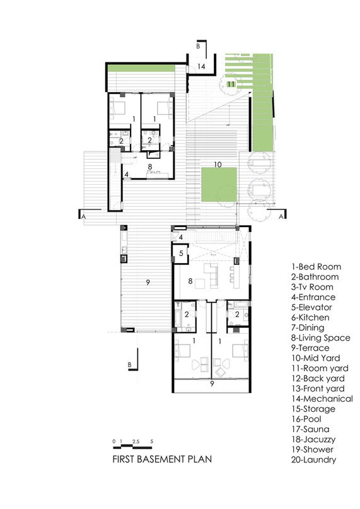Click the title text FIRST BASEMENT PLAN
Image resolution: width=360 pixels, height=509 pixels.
[162, 459]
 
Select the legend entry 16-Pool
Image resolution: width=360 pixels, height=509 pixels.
[306, 419]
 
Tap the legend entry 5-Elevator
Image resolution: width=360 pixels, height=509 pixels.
[311, 307]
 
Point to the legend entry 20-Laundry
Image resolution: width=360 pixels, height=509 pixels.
[313, 460]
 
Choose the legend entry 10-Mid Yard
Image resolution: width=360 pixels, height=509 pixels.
[315, 358]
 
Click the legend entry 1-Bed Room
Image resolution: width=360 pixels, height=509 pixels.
[316, 267]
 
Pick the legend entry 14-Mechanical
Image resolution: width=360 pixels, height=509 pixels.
[322, 399]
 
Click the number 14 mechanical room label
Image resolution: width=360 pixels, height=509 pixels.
[201, 66]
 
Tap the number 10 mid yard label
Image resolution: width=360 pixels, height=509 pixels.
[218, 165]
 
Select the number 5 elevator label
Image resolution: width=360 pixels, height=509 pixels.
[181, 253]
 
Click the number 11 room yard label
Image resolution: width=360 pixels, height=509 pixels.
[231, 84]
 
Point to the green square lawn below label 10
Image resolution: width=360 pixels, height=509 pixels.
[219, 184]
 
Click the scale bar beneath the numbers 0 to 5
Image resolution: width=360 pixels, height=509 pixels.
[133, 448]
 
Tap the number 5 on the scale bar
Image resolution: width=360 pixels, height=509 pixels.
[152, 442]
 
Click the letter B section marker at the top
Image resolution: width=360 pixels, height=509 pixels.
[198, 46]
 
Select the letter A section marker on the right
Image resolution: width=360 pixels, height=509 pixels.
[281, 216]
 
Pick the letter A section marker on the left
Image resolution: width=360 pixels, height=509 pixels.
[84, 216]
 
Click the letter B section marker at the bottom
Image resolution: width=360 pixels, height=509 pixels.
[129, 365]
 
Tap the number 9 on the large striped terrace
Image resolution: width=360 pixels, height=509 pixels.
[148, 283]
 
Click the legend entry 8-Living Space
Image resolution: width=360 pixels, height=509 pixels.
[321, 338]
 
